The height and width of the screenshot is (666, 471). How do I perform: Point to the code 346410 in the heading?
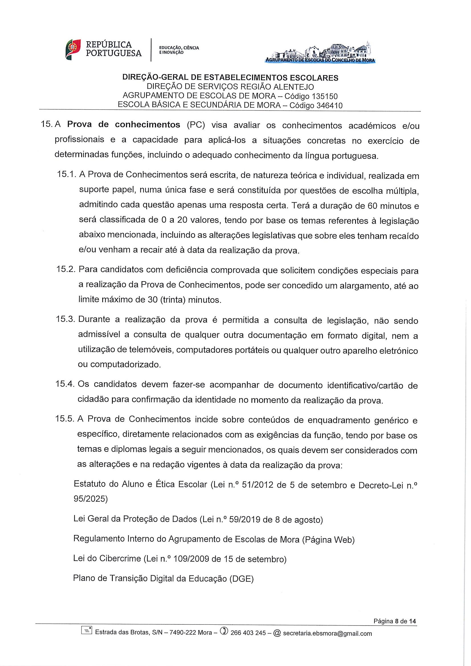[x=329, y=105]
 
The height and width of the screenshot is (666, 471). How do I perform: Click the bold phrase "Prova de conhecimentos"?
[x=124, y=125]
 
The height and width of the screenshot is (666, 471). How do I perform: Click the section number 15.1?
[x=66, y=175]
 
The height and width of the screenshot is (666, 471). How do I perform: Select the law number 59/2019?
[x=245, y=519]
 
